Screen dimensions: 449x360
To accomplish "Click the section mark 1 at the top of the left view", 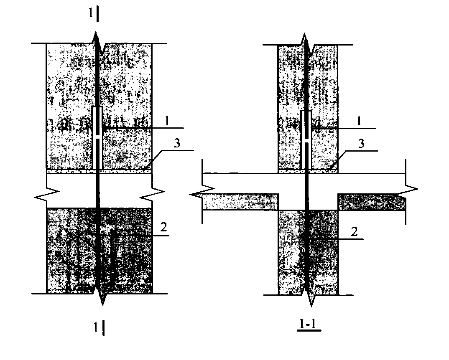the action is (90, 13).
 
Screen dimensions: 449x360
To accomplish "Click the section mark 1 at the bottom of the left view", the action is (96, 327).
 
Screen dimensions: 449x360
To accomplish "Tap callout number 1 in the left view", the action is (166, 121).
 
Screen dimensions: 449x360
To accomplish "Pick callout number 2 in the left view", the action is (163, 227).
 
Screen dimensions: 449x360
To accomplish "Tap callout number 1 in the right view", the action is (359, 122).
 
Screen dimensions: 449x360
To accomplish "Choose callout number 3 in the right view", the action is (361, 143).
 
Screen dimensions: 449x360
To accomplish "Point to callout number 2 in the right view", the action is (355, 231).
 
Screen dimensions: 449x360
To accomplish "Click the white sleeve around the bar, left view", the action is (98, 138).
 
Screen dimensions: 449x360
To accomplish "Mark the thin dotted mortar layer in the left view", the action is (99, 171).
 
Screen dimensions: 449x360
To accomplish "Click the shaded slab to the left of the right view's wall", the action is (240, 202).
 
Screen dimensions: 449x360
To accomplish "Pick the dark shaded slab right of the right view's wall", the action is (372, 202).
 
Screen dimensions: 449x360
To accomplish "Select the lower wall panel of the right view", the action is (308, 252).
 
